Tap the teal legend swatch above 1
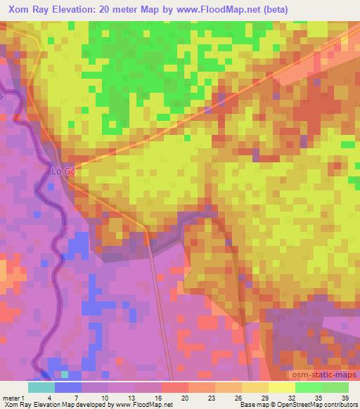pyautogui.click(x=41, y=387)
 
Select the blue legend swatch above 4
pyautogui.click(x=67, y=387)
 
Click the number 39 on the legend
pyautogui.click(x=344, y=397)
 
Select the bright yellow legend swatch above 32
pyautogui.click(x=281, y=387)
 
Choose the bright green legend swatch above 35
pyautogui.click(x=308, y=387)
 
